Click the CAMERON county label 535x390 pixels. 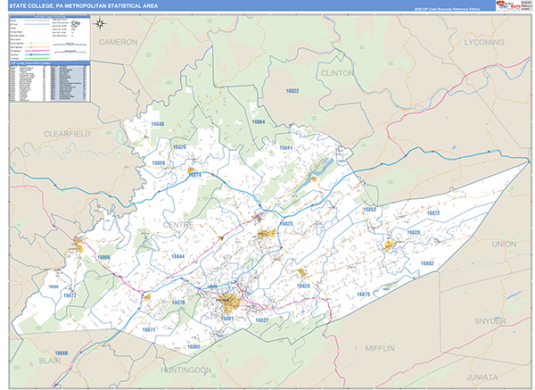pyautogui.click(x=119, y=42)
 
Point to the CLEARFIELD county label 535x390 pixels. pyautogui.click(x=69, y=132)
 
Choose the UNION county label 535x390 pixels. pyautogui.click(x=503, y=243)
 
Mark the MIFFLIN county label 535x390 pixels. pyautogui.click(x=385, y=347)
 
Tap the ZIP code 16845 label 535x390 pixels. pyautogui.click(x=158, y=125)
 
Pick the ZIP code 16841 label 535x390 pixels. pyautogui.click(x=285, y=147)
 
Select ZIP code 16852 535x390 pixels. pyautogui.click(x=369, y=209)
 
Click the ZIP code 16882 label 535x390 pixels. pyautogui.click(x=427, y=263)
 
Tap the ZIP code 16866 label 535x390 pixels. pyautogui.click(x=103, y=257)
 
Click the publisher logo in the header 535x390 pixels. pyautogui.click(x=512, y=6)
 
